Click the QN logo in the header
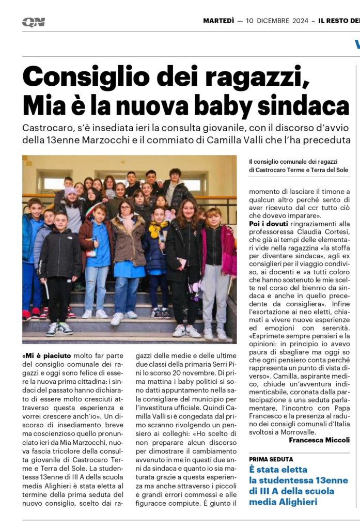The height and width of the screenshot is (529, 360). (34, 22)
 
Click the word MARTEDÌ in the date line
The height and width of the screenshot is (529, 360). (218, 21)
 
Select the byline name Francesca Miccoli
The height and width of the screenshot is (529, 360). (319, 440)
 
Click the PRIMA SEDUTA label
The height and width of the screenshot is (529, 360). (271, 459)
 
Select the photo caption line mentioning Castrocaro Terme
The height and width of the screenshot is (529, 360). (298, 169)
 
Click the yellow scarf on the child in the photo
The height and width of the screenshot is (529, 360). (157, 228)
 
